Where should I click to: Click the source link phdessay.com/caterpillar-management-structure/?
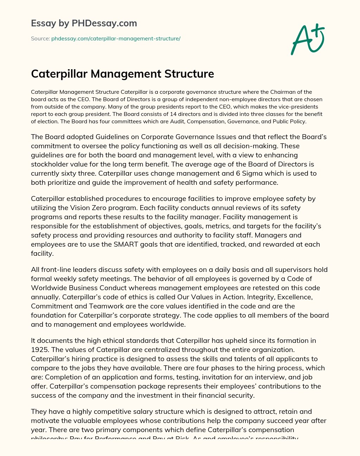pos(116,39)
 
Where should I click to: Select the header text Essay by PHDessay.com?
pos(84,23)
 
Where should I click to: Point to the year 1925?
pos(38,350)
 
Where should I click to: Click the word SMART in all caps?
pos(125,244)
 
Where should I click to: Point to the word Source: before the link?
pos(40,39)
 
